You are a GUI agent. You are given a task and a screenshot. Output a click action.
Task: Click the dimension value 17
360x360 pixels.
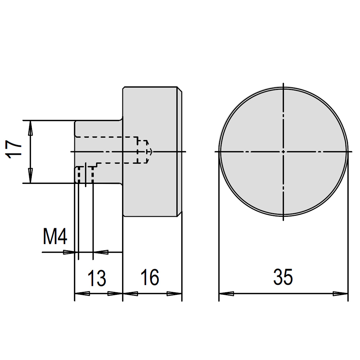14,149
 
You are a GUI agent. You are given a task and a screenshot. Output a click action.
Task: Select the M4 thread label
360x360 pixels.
55,237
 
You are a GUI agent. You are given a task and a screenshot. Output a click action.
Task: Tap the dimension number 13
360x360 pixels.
97,278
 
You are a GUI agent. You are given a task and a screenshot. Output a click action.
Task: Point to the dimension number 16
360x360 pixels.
150,277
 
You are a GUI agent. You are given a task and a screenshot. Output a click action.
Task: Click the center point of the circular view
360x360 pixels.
283,152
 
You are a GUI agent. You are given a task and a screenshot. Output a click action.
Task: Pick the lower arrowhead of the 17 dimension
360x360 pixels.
30,176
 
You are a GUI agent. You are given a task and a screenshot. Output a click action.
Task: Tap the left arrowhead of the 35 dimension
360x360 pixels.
226,293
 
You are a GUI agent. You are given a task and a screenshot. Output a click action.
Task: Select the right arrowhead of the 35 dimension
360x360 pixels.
341,293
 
